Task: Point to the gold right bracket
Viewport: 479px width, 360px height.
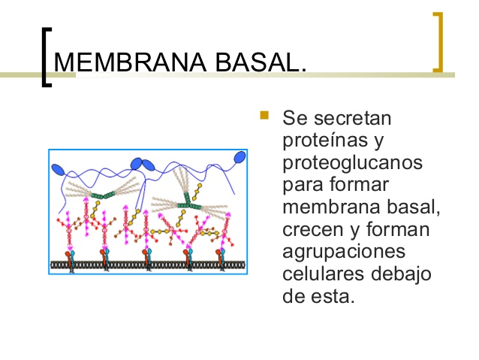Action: pyautogui.click(x=438, y=42)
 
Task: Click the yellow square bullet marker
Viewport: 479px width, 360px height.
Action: pyautogui.click(x=264, y=116)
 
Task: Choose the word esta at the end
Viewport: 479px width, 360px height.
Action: pyautogui.click(x=335, y=295)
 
